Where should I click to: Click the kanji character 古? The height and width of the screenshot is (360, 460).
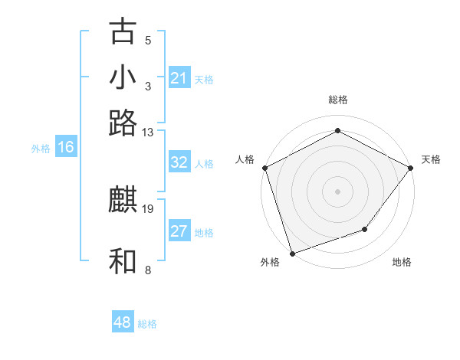click(x=123, y=32)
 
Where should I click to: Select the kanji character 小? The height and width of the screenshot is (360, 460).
click(x=123, y=78)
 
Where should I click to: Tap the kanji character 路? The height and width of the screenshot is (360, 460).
click(x=123, y=123)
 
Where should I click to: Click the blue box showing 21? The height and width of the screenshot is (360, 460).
click(x=179, y=78)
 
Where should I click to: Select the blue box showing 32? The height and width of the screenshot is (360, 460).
click(x=179, y=162)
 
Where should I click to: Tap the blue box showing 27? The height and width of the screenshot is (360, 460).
click(x=179, y=231)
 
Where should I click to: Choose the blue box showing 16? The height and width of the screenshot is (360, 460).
click(x=65, y=148)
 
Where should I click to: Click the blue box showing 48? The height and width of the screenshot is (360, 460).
click(x=123, y=322)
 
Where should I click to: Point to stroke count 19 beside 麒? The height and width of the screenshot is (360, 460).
click(x=148, y=208)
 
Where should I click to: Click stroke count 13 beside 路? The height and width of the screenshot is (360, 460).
click(x=148, y=132)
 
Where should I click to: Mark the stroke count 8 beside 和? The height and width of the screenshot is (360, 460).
click(x=148, y=270)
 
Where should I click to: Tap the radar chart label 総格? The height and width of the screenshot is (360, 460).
click(x=337, y=100)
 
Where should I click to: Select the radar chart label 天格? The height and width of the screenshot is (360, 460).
click(x=431, y=159)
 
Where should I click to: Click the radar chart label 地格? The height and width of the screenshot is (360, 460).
click(x=402, y=263)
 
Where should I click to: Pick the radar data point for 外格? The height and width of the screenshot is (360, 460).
click(x=292, y=253)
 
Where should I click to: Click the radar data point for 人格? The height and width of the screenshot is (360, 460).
click(x=264, y=168)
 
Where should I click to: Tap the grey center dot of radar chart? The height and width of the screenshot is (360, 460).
click(x=337, y=191)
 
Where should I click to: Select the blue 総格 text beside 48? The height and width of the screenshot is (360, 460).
click(x=147, y=324)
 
